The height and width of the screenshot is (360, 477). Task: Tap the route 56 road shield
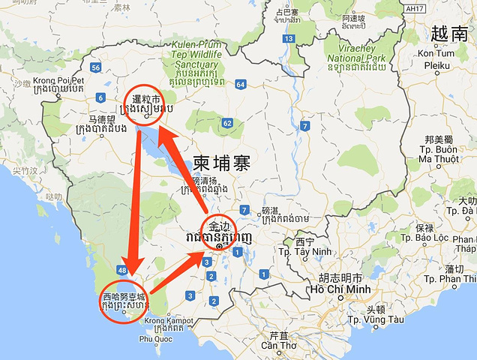pyautogui.click(x=95, y=67)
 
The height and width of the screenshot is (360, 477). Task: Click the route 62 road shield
pyautogui.click(x=227, y=122)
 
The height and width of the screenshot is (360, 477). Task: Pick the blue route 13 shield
pyautogui.click(x=289, y=38)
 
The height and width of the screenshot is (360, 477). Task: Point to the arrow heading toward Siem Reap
pyautogui.click(x=184, y=169)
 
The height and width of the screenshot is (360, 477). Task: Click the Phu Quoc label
pyautogui.click(x=151, y=340)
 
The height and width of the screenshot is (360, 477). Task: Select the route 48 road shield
pyautogui.click(x=121, y=268)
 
